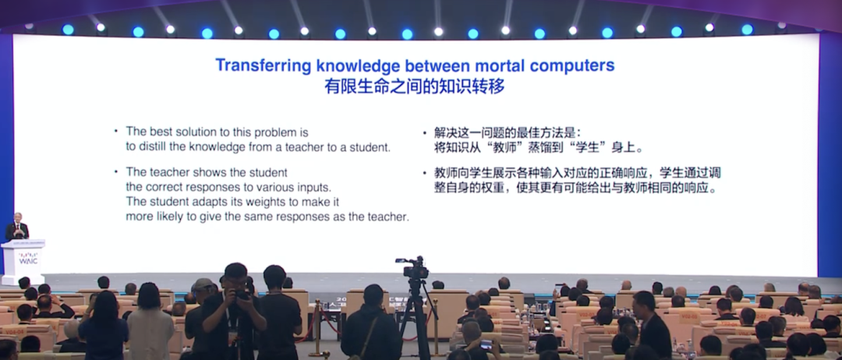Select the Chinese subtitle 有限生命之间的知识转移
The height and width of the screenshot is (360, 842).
click(x=415, y=86)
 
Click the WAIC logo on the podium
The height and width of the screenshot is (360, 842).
click(x=28, y=260)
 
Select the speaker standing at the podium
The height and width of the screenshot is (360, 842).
click(x=16, y=227)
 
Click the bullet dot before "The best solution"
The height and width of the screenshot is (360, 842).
click(x=115, y=130)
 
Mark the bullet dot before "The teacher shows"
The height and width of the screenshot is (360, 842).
click(x=115, y=171)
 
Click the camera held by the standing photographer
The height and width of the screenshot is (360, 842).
click(x=240, y=295)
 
